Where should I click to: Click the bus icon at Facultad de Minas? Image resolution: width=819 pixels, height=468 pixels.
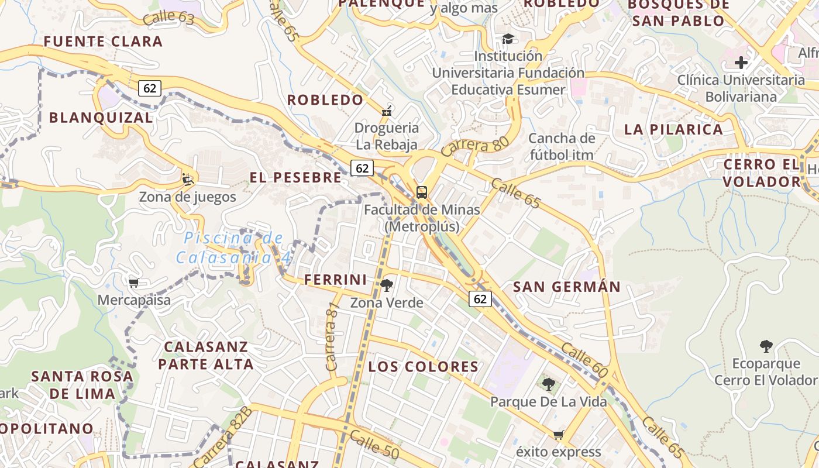point(421,192)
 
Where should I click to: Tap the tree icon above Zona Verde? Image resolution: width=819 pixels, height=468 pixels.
point(386,285)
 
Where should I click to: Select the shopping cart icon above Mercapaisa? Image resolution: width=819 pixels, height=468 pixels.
point(134,283)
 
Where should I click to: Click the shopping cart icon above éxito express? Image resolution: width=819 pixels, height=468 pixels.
point(559,435)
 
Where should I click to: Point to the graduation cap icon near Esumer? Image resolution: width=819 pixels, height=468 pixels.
point(508,39)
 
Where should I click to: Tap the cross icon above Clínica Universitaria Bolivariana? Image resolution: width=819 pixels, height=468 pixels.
point(741,63)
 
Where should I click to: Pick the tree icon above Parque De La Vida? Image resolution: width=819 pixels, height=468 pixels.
point(548,384)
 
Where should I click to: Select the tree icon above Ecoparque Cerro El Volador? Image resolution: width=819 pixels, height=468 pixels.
point(766,346)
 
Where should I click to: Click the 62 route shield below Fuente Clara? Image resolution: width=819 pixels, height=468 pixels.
point(150,88)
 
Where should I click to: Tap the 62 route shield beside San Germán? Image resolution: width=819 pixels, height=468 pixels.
point(480,299)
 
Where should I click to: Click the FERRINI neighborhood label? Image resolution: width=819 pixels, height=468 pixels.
point(335,280)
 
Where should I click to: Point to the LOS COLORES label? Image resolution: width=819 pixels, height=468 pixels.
point(424,367)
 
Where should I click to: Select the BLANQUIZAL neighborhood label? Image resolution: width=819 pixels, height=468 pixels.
point(101,118)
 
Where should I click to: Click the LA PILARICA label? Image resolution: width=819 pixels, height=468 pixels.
point(673,130)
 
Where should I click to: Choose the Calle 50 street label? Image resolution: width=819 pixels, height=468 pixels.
point(374,445)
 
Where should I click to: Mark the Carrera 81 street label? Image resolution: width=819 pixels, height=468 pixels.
point(332,338)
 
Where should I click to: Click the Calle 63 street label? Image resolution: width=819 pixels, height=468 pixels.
point(168,17)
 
